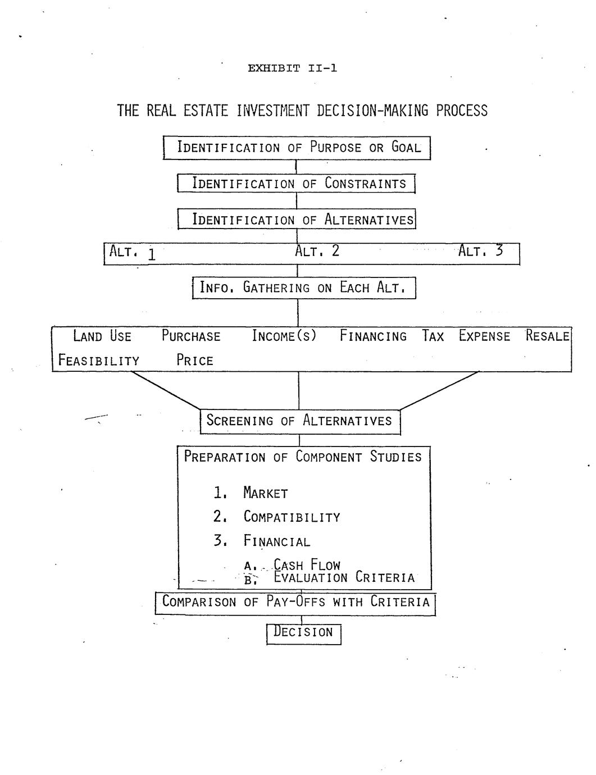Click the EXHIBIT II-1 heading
(292, 69)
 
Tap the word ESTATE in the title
(205, 111)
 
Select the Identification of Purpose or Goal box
(297, 148)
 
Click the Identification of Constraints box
(296, 184)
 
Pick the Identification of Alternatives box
(296, 219)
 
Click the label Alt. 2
(317, 251)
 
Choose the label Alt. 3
(480, 251)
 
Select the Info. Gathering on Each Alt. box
(303, 288)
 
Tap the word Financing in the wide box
(373, 336)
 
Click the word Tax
(433, 336)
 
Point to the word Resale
(548, 336)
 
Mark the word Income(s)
(284, 336)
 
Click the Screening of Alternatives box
(300, 421)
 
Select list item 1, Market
(265, 494)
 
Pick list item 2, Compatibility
(292, 517)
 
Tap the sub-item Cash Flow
(307, 565)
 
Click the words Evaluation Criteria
(344, 578)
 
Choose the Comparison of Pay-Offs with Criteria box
(295, 603)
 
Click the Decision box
(303, 633)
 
